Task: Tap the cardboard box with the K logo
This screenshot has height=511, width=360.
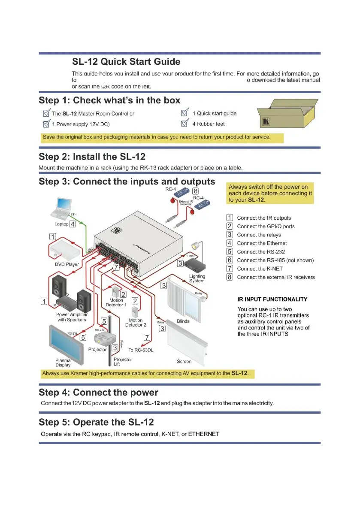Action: point(286,114)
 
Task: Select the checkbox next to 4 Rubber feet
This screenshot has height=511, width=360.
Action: point(185,124)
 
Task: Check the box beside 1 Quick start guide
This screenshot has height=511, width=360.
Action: point(185,113)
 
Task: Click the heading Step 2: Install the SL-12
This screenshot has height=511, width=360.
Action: point(92,157)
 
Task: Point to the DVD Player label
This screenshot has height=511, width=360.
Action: point(67,264)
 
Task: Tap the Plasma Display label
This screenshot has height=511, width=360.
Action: point(63,363)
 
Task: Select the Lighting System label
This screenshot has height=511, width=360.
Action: point(197,278)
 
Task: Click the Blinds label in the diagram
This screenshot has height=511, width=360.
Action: point(183,321)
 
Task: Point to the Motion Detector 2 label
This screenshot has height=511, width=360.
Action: point(136,323)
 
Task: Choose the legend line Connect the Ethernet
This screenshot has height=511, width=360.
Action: point(262,243)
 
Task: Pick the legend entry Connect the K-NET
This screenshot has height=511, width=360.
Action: point(260,269)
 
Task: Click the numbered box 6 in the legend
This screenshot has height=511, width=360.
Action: point(230,260)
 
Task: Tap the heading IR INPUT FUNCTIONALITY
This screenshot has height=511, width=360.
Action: point(272,299)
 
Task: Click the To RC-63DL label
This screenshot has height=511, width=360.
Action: point(141,350)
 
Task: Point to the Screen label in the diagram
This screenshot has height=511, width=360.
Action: point(184,362)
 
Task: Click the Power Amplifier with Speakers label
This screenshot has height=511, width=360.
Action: point(72,317)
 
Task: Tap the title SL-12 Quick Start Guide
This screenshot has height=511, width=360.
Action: point(126,62)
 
